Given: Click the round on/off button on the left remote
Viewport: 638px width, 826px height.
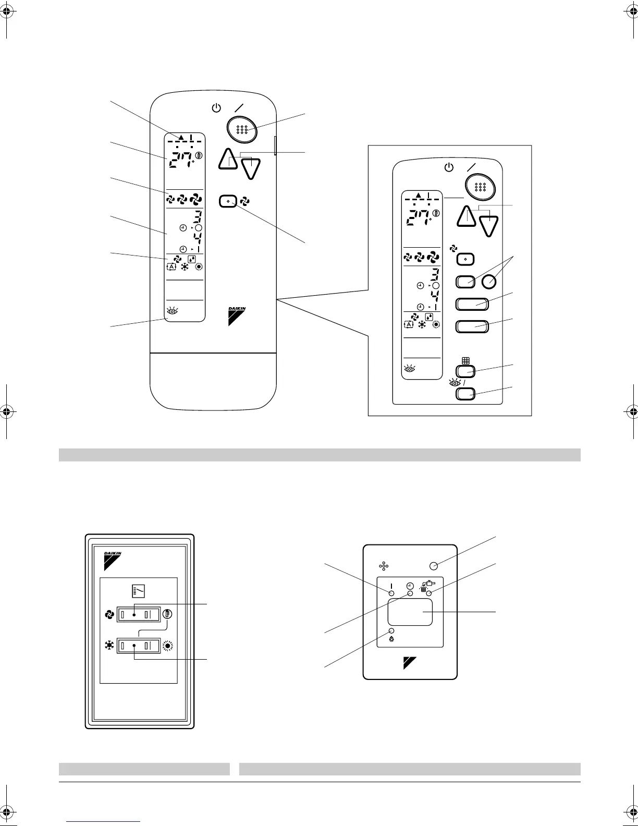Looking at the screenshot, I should [x=241, y=129].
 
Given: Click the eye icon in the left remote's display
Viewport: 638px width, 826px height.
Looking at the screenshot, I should [x=172, y=311].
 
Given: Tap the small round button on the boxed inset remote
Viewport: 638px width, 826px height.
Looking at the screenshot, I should [x=488, y=282].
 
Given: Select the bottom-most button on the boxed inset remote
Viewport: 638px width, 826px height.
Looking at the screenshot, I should [x=465, y=393].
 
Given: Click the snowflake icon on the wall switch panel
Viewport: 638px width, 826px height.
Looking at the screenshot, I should [x=109, y=646].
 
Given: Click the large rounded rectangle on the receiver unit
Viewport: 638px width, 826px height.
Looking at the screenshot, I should [x=410, y=612].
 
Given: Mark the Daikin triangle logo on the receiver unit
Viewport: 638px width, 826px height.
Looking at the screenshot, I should [x=410, y=662].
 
